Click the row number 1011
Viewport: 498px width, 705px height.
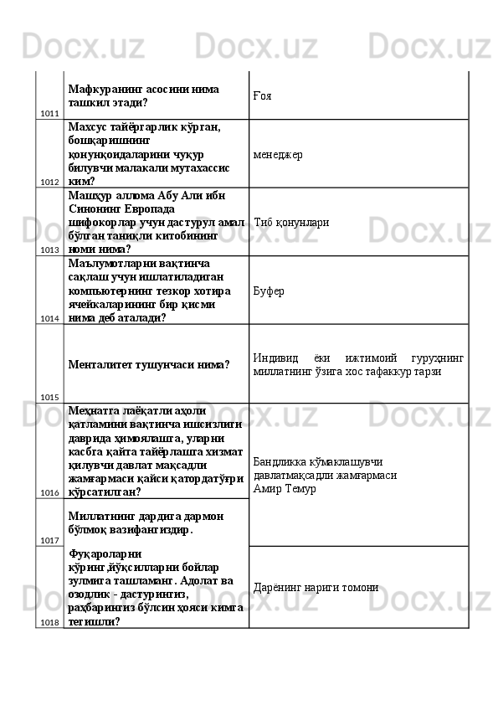point(49,113)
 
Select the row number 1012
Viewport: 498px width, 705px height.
point(49,181)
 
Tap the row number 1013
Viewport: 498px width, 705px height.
point(49,250)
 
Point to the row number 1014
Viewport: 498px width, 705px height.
point(49,318)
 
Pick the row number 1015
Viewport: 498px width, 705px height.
point(49,397)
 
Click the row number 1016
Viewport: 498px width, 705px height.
point(49,492)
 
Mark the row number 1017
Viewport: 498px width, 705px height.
point(49,541)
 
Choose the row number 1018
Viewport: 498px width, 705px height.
point(49,622)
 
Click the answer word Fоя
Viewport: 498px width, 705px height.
point(262,95)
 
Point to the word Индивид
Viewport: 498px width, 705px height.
point(275,358)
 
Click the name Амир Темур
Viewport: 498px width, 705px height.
point(285,488)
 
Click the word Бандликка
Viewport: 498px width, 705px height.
point(279,461)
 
